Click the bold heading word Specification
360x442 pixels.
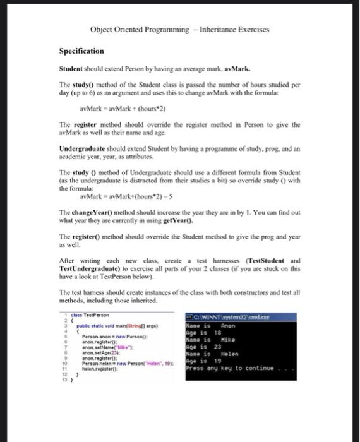point(81,51)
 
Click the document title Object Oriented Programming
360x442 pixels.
point(139,30)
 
